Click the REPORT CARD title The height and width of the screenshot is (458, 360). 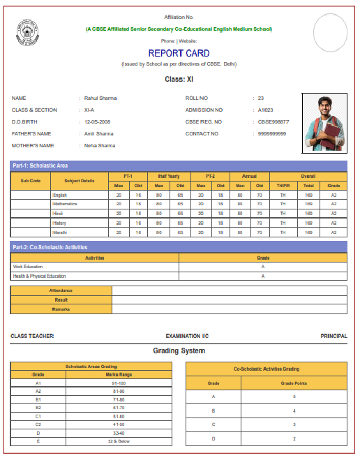179,53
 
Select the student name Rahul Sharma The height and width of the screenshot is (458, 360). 100,98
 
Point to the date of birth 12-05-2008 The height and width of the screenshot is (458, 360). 98,122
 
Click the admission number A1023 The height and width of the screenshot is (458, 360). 265,110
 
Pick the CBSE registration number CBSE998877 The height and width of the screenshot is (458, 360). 273,122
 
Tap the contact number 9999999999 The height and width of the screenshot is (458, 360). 271,134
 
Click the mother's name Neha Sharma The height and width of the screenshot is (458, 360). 100,146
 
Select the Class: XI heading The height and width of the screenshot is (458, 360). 179,80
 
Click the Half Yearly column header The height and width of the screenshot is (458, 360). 168,177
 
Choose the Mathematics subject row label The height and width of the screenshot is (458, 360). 64,204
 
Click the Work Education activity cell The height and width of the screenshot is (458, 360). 28,267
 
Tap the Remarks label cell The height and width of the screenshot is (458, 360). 61,309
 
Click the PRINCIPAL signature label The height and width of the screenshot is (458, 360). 333,337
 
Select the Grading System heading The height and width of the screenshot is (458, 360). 179,350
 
